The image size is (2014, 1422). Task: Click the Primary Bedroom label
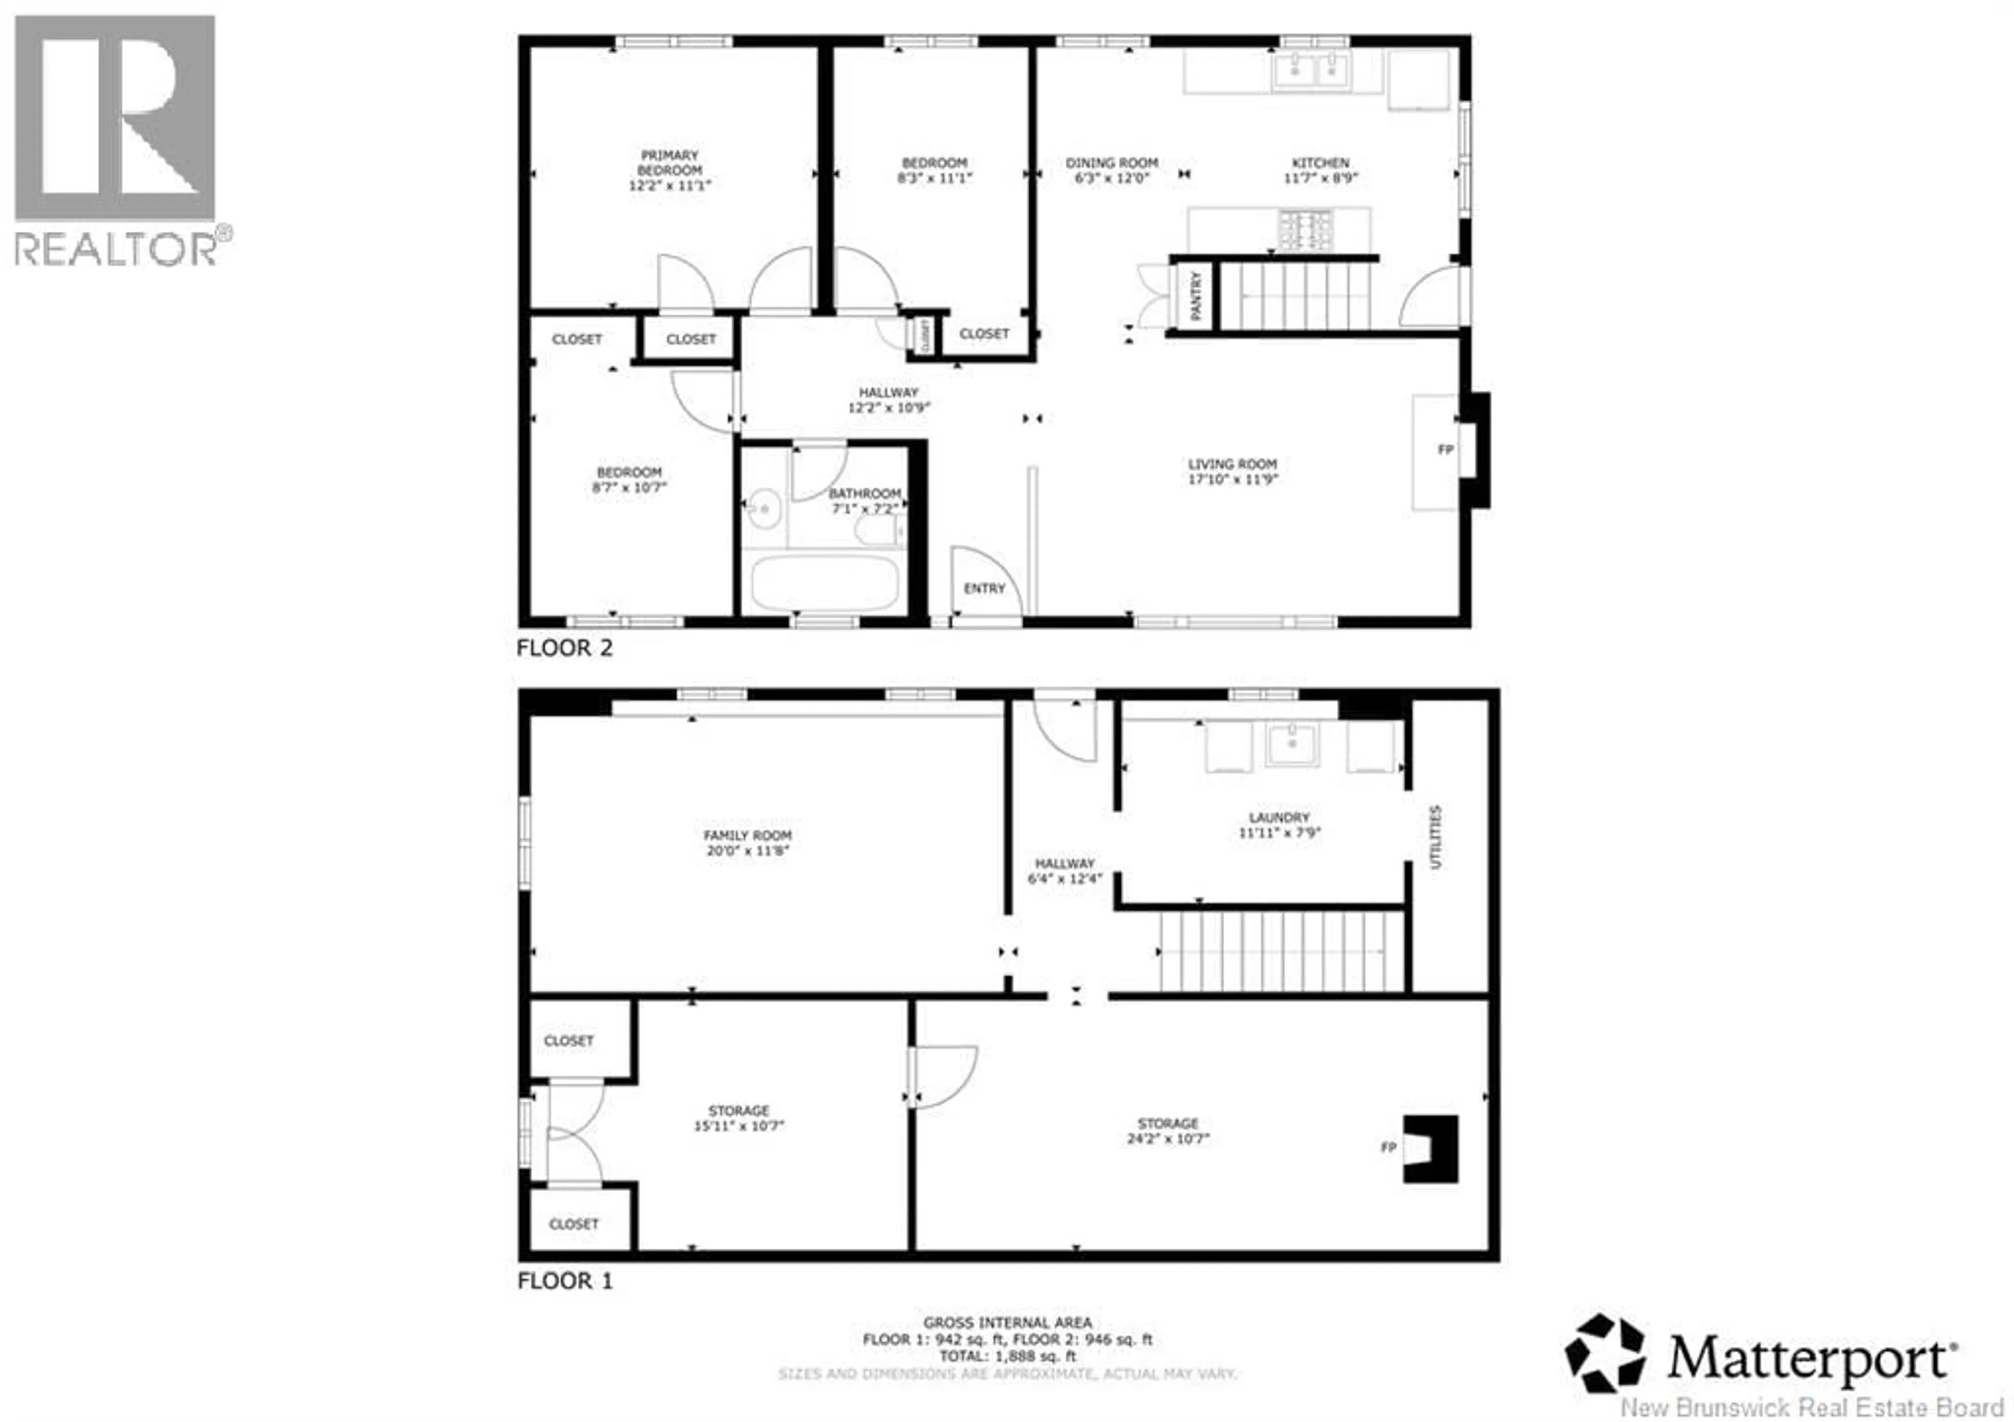tap(669, 162)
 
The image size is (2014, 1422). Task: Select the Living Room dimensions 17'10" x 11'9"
tap(1233, 479)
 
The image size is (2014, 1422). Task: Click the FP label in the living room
tap(1445, 449)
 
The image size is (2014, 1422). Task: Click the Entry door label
tap(984, 588)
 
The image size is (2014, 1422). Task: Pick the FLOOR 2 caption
tap(564, 648)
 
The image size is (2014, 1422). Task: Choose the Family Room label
tap(747, 835)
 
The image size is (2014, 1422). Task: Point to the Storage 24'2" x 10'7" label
tap(1167, 1131)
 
